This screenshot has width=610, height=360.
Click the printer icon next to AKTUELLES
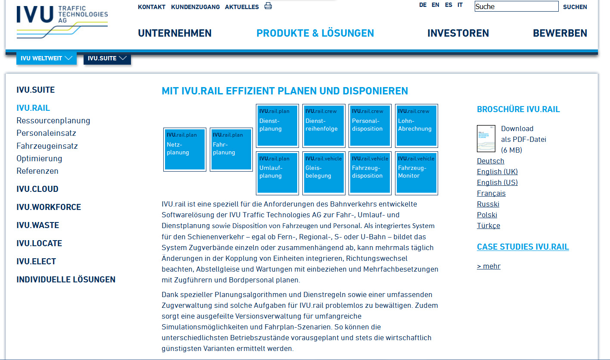268,6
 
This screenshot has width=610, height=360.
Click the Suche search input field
517,6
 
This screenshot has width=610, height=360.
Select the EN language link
435,5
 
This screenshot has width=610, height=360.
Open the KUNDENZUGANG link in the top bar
195,7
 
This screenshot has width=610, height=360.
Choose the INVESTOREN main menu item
458,33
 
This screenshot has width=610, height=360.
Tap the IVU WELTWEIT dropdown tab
46,58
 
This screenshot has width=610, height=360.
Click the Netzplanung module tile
185,150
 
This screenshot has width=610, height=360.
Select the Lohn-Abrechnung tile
417,125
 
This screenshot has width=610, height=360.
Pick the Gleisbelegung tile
324,173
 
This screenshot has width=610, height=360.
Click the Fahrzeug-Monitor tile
417,173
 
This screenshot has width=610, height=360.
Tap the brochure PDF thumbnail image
486,138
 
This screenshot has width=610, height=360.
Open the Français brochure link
491,193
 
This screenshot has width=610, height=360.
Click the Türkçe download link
489,225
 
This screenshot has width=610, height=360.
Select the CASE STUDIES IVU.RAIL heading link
523,247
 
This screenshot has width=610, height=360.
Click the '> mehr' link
489,266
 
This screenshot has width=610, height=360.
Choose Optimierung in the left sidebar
39,158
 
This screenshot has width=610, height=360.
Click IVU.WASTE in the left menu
37,225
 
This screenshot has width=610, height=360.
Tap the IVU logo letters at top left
35,14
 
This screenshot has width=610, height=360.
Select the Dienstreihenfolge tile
324,125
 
